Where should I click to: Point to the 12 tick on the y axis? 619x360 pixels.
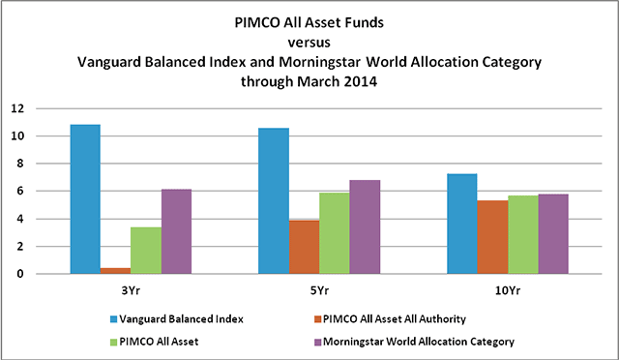(x=15, y=108)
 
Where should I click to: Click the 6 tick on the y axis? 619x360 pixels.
(x=17, y=192)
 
